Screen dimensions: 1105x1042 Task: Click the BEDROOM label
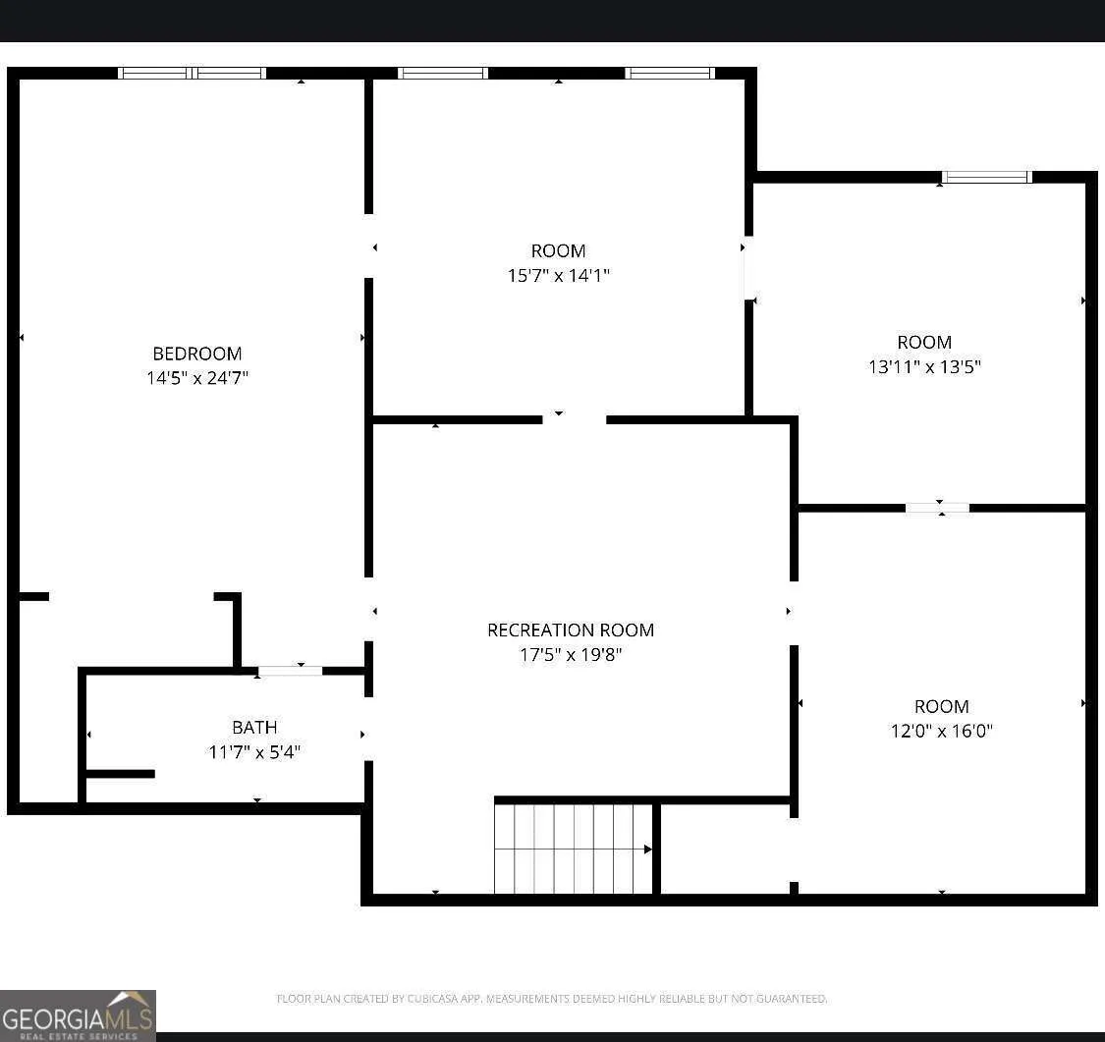click(x=197, y=353)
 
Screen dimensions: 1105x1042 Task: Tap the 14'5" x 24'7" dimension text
click(x=197, y=378)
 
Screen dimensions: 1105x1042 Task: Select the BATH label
click(x=254, y=727)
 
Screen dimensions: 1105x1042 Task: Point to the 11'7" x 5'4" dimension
click(x=254, y=751)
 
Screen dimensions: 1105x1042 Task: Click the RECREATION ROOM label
click(x=571, y=630)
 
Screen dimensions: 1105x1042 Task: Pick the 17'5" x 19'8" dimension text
click(x=571, y=654)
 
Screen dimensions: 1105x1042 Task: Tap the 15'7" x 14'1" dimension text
click(x=558, y=275)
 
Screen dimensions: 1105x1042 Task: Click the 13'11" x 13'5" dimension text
click(x=924, y=366)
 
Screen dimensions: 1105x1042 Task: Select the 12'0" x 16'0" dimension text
click(x=942, y=731)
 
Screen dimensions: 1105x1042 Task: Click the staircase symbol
click(x=574, y=849)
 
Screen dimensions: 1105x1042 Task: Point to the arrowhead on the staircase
click(x=647, y=849)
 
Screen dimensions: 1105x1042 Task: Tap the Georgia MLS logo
click(x=78, y=1015)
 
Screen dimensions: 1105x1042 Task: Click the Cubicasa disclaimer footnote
click(x=551, y=999)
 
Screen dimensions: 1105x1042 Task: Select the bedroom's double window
click(x=192, y=73)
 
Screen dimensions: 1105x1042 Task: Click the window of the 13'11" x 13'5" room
click(x=986, y=177)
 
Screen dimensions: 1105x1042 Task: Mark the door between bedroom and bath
click(x=290, y=671)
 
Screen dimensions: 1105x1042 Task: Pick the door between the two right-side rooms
click(x=937, y=508)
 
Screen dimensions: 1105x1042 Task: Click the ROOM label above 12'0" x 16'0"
click(x=942, y=706)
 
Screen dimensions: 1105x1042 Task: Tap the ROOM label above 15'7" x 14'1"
click(x=558, y=250)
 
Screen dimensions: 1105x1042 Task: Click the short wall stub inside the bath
click(x=120, y=774)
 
